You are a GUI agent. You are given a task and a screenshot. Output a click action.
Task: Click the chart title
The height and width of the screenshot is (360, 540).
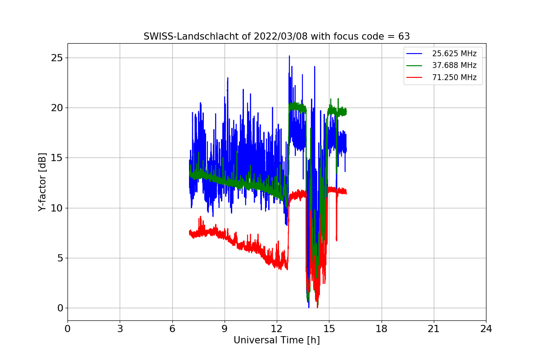pyautogui.click(x=276, y=36)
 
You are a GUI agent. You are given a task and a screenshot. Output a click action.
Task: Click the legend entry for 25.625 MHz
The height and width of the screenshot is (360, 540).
pyautogui.click(x=441, y=54)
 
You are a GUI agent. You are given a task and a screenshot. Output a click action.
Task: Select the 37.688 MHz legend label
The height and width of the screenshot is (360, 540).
pyautogui.click(x=454, y=65)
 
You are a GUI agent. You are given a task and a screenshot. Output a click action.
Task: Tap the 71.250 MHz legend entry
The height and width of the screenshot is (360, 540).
pyautogui.click(x=441, y=77)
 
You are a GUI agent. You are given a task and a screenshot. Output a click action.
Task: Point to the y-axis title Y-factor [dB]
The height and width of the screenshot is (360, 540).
pyautogui.click(x=42, y=182)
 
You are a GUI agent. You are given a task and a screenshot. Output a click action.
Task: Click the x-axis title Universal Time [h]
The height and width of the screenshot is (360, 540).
pyautogui.click(x=276, y=340)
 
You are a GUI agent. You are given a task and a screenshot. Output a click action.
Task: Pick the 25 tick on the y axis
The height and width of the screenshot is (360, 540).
pyautogui.click(x=57, y=58)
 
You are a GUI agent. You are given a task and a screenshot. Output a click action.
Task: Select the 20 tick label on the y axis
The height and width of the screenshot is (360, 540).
pyautogui.click(x=57, y=108)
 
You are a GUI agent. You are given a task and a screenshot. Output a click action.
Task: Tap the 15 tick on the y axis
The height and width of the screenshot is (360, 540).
pyautogui.click(x=57, y=158)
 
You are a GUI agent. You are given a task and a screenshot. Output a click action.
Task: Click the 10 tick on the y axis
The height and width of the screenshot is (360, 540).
pyautogui.click(x=57, y=208)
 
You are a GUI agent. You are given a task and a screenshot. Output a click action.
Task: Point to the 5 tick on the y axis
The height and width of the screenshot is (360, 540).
pyautogui.click(x=60, y=258)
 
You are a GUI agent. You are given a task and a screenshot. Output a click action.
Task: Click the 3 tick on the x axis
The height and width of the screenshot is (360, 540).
pyautogui.click(x=120, y=328)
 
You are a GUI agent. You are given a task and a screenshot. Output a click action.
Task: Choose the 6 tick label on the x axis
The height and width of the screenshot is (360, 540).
pyautogui.click(x=172, y=328)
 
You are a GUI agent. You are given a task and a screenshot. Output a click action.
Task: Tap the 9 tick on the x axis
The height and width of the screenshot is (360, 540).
pyautogui.click(x=225, y=328)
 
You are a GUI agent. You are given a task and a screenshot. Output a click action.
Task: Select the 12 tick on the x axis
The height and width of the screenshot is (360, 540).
pyautogui.click(x=277, y=328)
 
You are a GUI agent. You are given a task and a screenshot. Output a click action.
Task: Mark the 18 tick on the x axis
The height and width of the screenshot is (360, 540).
pyautogui.click(x=382, y=328)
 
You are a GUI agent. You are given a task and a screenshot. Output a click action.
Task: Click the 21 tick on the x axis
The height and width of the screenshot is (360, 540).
pyautogui.click(x=434, y=328)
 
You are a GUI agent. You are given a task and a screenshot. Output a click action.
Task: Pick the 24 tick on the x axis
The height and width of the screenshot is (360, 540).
pyautogui.click(x=486, y=328)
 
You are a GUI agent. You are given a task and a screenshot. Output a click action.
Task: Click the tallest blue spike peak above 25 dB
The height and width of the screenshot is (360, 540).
pyautogui.click(x=289, y=56)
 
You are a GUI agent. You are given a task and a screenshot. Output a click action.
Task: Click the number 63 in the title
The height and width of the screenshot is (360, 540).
pyautogui.click(x=404, y=36)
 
